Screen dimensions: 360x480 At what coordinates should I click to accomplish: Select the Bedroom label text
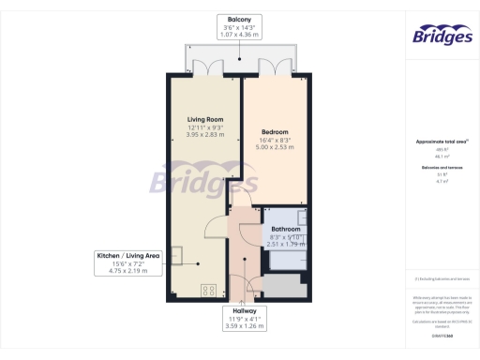tap(275, 132)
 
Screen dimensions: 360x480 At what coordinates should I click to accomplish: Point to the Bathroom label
tap(286, 229)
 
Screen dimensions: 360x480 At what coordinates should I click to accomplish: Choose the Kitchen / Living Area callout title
tap(129, 255)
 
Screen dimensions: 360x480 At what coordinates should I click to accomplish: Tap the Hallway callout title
tap(242, 310)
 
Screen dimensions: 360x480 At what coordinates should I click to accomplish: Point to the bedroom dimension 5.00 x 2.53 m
tap(275, 147)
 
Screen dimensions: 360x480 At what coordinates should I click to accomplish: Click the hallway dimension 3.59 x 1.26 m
tap(242, 325)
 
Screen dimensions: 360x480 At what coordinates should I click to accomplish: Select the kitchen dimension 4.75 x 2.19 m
tap(129, 271)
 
